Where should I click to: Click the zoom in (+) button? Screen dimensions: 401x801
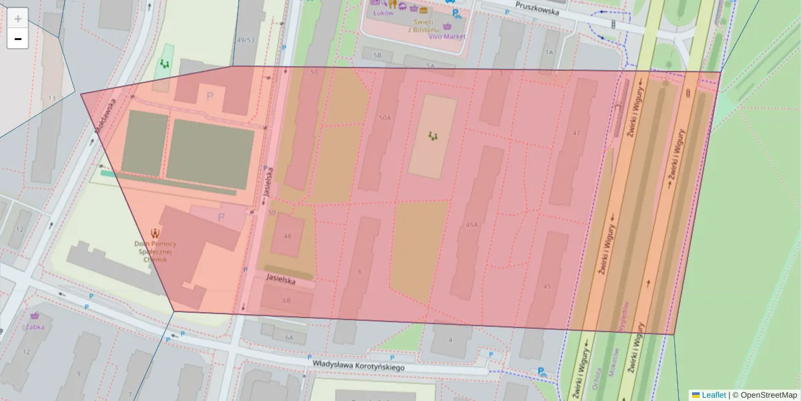(17, 19)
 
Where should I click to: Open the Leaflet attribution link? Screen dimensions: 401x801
(713, 395)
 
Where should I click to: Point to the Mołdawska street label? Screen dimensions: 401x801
(105, 116)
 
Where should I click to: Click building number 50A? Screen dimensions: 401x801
(384, 118)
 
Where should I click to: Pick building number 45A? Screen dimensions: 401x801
(472, 225)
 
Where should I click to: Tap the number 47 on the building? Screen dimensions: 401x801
(577, 133)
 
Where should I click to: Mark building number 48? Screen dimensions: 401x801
(288, 237)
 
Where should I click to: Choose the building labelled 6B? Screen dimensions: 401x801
(287, 301)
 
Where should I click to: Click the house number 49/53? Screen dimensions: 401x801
(246, 40)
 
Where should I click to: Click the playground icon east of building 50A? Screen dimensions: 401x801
(433, 136)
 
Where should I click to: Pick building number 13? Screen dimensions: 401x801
(51, 98)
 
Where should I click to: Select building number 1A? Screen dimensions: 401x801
(549, 52)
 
